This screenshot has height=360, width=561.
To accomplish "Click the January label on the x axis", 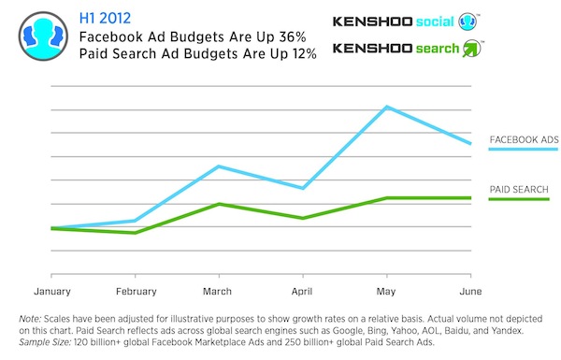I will tap(53, 290).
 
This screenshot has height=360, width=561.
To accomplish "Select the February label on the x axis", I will tap(136, 290).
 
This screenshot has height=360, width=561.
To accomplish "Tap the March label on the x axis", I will tap(218, 290).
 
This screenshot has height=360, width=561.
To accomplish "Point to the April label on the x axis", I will tap(301, 290).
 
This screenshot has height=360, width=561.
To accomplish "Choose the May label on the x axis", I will tap(386, 290).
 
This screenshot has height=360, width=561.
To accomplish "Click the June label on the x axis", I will tap(469, 290).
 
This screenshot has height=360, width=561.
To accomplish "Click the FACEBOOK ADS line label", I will tap(524, 140).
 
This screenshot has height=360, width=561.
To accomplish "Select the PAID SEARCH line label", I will tap(519, 190).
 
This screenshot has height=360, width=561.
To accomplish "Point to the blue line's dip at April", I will tap(302, 188).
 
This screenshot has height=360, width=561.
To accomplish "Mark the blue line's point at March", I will tap(218, 166).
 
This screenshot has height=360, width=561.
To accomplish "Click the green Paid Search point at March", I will tap(218, 204).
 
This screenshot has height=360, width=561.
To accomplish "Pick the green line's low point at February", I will tap(137, 232).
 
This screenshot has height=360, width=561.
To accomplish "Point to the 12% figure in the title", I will tap(299, 53).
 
